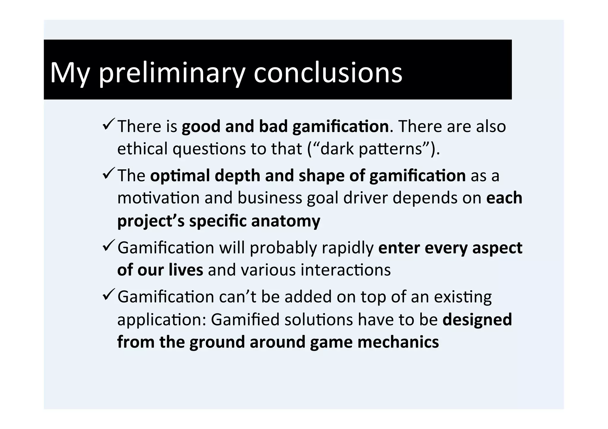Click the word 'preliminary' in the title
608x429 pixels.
[x=172, y=73]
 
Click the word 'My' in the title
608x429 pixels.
[x=69, y=73]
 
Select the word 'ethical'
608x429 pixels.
[x=142, y=149]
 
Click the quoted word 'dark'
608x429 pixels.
[x=337, y=149]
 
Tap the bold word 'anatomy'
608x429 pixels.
[x=286, y=221]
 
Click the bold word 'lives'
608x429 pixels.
[x=186, y=270]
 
